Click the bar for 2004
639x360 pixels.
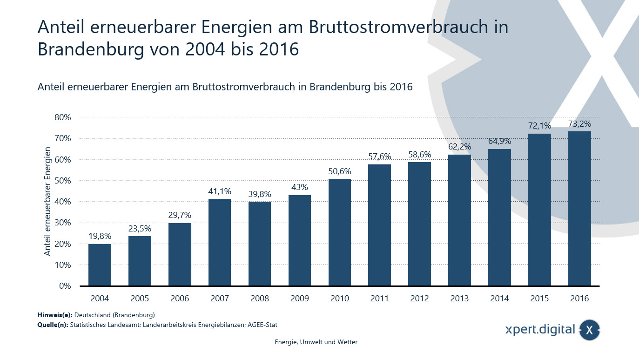point(100,265)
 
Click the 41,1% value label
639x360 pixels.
point(220,191)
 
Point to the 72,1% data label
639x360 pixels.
point(539,126)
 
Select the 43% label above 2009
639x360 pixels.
point(300,187)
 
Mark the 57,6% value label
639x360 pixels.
point(380,156)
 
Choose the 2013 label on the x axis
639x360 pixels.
point(460,299)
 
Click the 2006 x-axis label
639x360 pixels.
point(180,299)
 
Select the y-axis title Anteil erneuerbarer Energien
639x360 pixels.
point(47,201)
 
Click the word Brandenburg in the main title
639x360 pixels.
point(91,49)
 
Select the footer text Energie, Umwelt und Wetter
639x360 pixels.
point(316,342)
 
